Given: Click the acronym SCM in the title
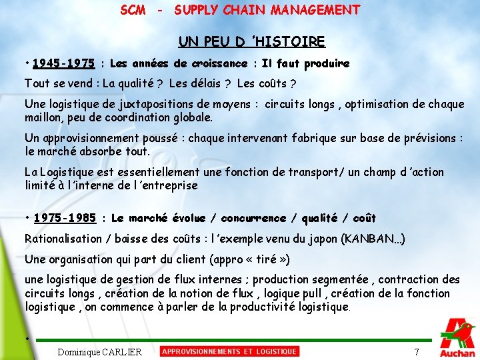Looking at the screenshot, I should pos(133,10).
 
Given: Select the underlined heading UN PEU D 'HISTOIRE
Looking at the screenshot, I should pos(251,42).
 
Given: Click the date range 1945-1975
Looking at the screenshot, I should pos(63,64).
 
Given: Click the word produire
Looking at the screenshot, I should pos(327,64).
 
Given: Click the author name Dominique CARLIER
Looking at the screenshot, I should pos(100,352).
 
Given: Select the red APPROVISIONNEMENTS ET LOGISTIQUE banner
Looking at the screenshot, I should pos(229,351).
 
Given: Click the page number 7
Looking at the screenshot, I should pos(417,352).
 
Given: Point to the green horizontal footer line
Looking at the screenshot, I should pos(233,340).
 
